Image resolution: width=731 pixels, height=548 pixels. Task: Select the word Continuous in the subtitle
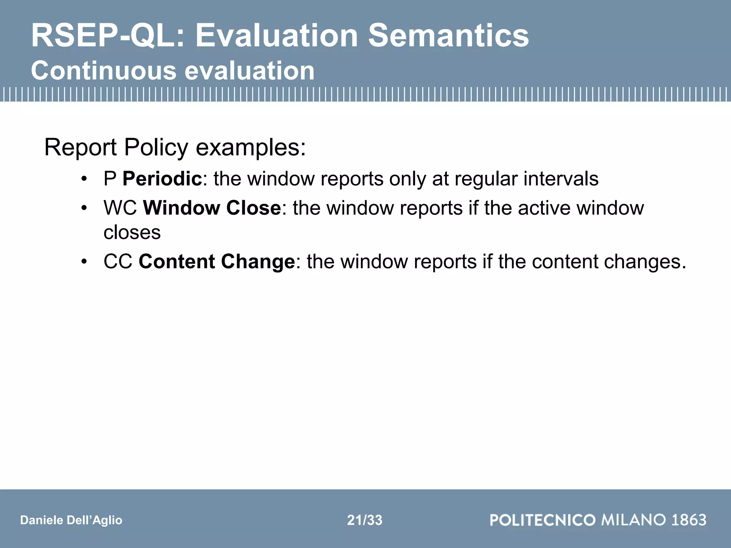pos(104,71)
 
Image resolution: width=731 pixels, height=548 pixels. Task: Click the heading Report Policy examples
pos(175,147)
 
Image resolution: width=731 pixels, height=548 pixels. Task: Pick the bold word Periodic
pos(162,179)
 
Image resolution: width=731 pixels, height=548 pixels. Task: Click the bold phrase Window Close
pos(212,208)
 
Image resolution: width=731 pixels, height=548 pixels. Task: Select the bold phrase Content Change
pos(217,262)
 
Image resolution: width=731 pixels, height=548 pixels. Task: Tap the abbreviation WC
pos(120,208)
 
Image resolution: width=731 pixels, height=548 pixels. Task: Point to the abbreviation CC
pos(118,262)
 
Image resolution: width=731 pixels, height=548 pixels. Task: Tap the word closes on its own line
pos(132,233)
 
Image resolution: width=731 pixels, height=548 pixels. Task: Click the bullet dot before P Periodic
pos(84,179)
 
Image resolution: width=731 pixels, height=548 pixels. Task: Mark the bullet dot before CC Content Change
pos(84,262)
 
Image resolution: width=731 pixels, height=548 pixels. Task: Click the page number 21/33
pos(364,520)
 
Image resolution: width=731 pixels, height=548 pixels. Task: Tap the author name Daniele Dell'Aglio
pos(71,520)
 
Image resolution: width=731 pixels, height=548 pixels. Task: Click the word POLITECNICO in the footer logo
pos(543,520)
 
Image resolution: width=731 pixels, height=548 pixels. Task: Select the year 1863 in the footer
pos(689,520)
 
